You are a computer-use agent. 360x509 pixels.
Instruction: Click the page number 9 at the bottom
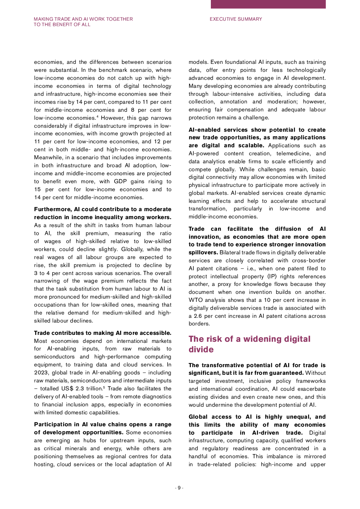[x=179, y=488]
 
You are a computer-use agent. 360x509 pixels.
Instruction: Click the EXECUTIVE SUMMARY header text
[x=236, y=19]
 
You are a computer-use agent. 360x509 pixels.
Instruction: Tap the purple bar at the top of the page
[x=268, y=4]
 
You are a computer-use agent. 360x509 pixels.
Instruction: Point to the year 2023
[x=41, y=373]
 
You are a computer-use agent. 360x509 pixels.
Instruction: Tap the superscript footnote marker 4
[x=97, y=116]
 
